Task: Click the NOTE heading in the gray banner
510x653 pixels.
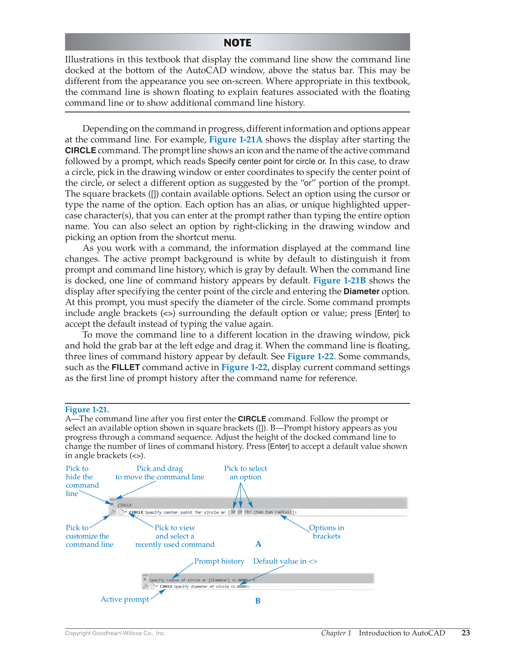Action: click(x=238, y=43)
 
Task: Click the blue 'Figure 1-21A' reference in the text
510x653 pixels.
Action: click(x=236, y=140)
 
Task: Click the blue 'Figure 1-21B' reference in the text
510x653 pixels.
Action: click(x=339, y=281)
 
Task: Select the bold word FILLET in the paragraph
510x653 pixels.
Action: click(x=125, y=368)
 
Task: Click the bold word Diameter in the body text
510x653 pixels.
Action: click(x=361, y=291)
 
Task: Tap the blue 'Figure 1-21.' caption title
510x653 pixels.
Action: click(x=87, y=410)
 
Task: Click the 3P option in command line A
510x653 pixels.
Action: click(x=233, y=512)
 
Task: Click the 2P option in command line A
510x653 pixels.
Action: click(x=240, y=512)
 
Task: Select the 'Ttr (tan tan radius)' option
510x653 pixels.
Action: click(x=267, y=512)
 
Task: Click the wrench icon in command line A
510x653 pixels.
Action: click(x=112, y=512)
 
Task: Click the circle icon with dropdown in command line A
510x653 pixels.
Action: click(x=122, y=512)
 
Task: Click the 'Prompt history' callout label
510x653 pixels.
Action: click(x=219, y=561)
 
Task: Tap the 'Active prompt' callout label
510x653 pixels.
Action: click(x=125, y=600)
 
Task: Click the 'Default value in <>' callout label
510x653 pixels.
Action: click(x=285, y=561)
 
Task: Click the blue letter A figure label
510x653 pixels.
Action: click(x=258, y=544)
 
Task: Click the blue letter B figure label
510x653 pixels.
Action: click(x=258, y=601)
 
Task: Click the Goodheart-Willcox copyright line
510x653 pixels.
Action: click(x=115, y=633)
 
